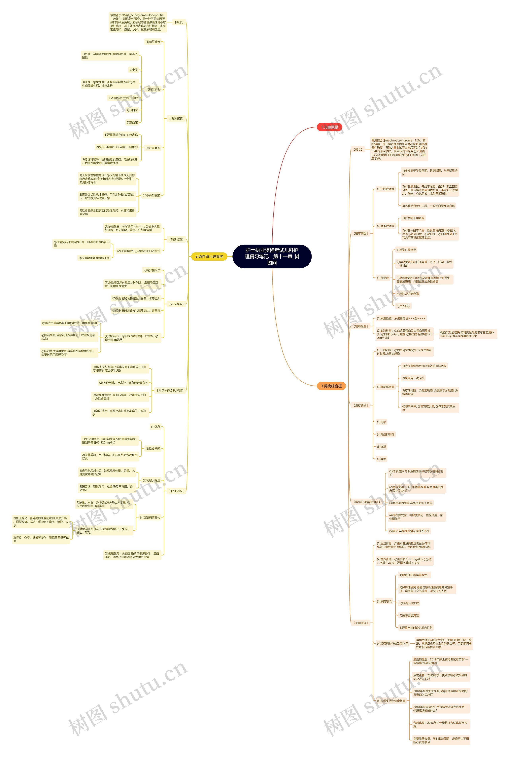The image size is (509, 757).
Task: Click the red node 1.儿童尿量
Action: (x=329, y=127)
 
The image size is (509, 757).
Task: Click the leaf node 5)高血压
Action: (x=132, y=122)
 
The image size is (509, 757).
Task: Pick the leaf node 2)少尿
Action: (x=133, y=70)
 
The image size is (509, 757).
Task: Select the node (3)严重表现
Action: (x=153, y=148)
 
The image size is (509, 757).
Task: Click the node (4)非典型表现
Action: (x=151, y=196)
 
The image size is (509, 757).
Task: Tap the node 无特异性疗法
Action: (x=152, y=270)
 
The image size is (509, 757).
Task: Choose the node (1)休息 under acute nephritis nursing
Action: (x=155, y=427)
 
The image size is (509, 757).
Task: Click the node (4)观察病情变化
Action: (x=150, y=517)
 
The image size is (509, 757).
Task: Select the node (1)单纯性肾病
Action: (x=385, y=189)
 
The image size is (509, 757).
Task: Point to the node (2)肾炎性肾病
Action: (x=385, y=226)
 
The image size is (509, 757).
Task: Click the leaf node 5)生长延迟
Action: (x=403, y=306)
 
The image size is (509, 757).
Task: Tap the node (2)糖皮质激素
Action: (x=385, y=387)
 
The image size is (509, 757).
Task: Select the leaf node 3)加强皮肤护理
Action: (x=409, y=603)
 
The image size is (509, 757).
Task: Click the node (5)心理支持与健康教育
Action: (x=391, y=701)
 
